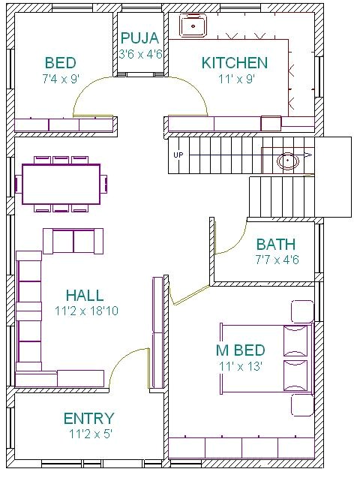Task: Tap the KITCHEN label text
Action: point(234,63)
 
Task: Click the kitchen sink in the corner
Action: point(193,26)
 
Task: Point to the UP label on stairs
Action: point(178,155)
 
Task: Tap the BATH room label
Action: point(275,245)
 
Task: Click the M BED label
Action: point(240,350)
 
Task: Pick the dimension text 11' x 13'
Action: point(240,366)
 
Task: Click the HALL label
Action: point(84,295)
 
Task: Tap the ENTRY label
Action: point(88,419)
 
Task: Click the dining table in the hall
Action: point(61,185)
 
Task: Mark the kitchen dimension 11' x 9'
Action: point(234,79)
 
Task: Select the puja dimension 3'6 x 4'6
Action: point(139,54)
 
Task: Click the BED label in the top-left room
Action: point(60,63)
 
